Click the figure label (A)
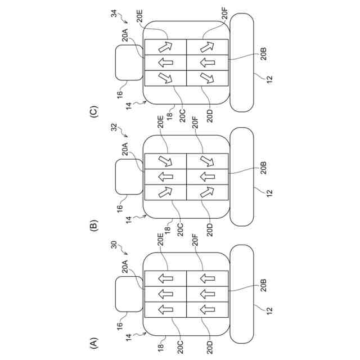pos(93,341)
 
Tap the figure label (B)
pos(93,226)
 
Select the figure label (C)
pos(93,110)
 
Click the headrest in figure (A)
pos(129,295)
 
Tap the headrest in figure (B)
pos(129,177)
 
